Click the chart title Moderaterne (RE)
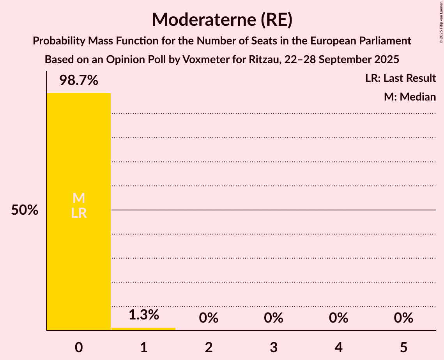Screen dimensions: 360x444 (222, 19)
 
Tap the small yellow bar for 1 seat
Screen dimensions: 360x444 (143, 329)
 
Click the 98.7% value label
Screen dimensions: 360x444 (79, 81)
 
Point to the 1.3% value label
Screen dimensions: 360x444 (143, 315)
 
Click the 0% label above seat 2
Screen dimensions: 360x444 (209, 318)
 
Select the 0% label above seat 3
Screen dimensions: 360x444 (274, 318)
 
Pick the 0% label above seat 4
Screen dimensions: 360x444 (338, 318)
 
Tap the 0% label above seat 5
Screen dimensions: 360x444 (403, 318)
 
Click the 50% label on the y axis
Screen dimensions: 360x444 (25, 210)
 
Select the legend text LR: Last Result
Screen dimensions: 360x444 (400, 78)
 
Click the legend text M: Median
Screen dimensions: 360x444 (410, 97)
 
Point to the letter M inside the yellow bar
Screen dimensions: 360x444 (79, 198)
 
